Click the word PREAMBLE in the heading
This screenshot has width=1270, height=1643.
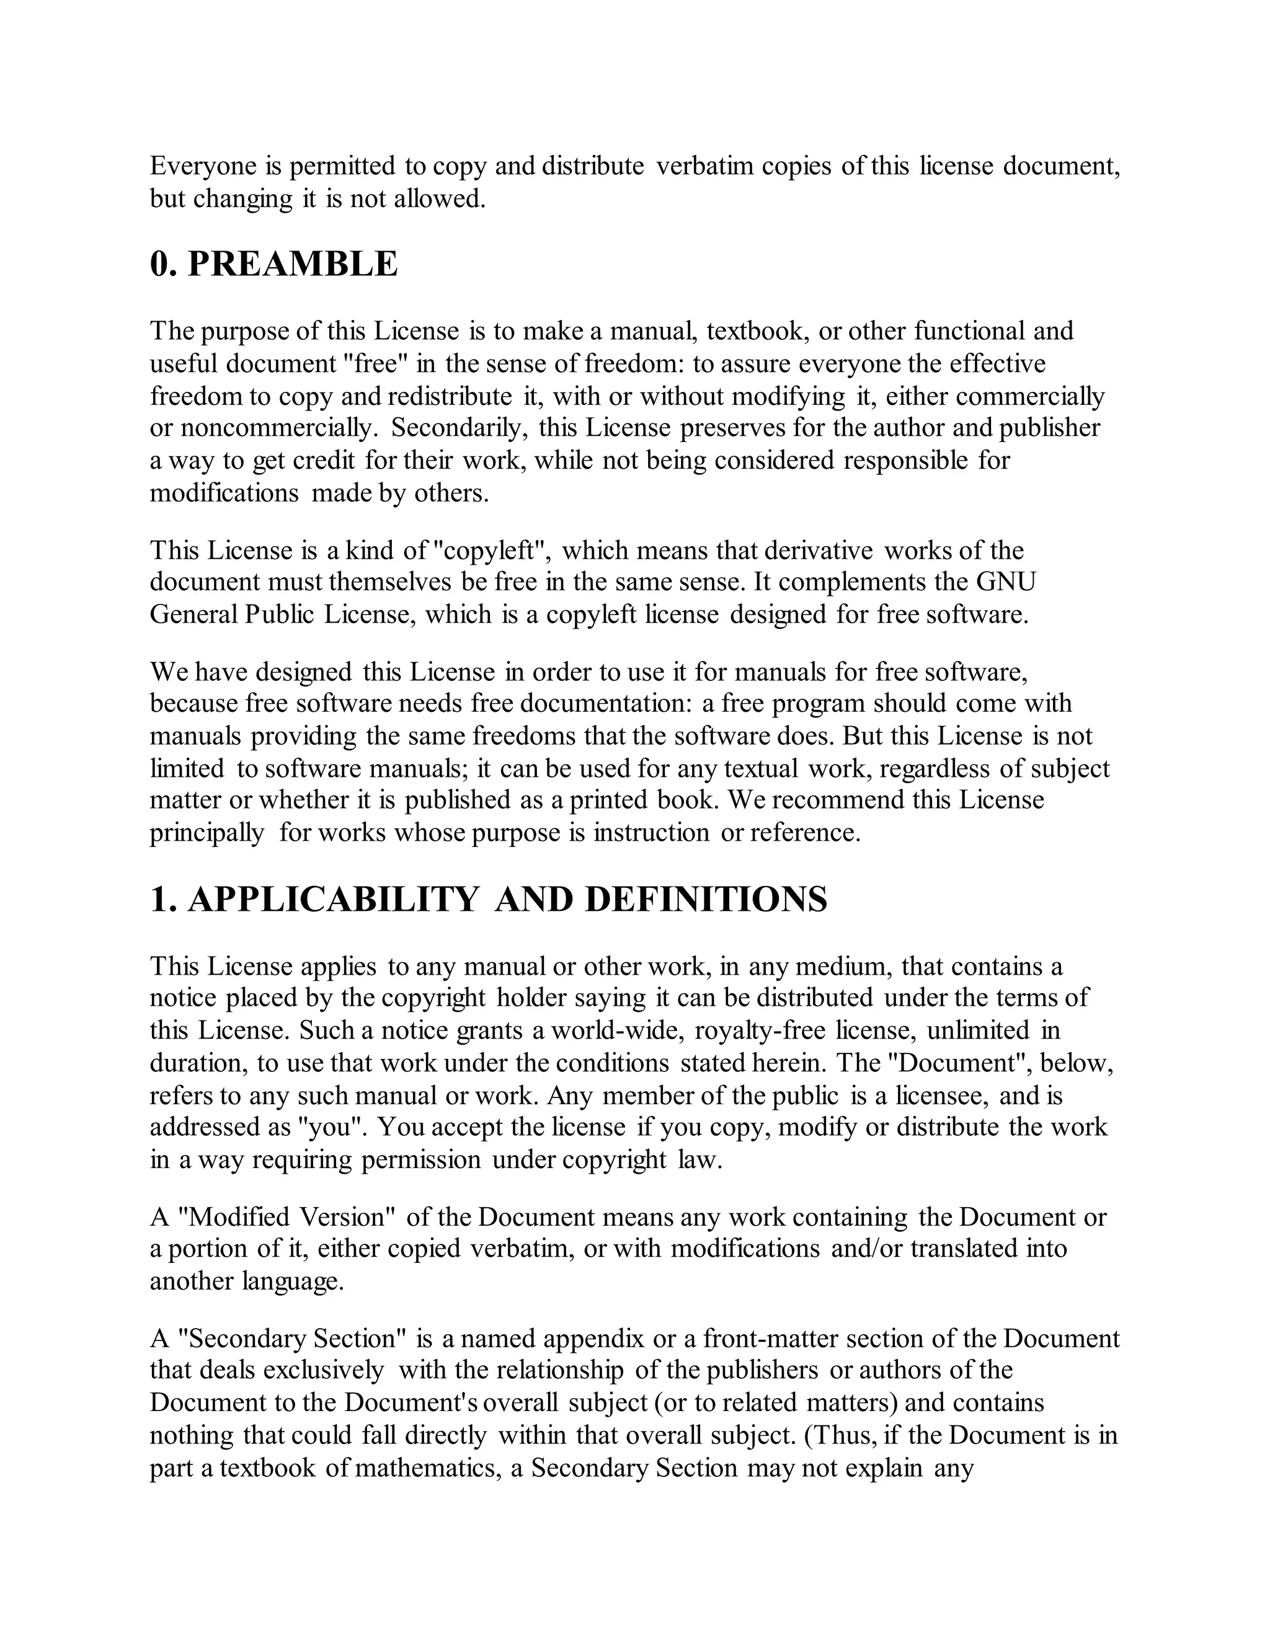[x=292, y=264]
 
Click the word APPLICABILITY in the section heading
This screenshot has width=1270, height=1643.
[x=332, y=900]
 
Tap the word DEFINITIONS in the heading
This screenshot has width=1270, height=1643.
[x=706, y=900]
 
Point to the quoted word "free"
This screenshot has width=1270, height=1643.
[x=375, y=364]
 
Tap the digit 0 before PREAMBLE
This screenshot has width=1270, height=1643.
[x=159, y=264]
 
